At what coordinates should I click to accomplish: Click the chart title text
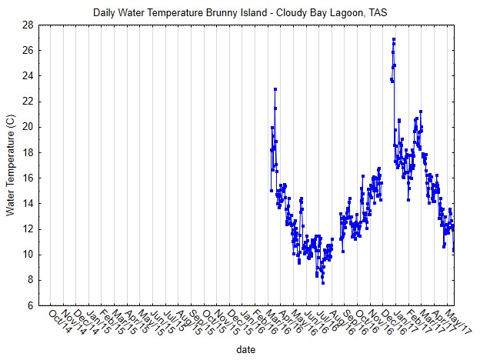239,12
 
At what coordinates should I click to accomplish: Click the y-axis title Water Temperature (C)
10,165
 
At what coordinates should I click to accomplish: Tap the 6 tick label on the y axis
28,305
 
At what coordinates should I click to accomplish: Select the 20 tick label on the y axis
26,127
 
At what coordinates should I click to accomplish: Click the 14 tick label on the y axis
26,203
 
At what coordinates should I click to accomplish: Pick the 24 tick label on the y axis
26,75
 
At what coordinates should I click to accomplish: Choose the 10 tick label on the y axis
26,255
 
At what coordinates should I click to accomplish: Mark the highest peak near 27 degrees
394,38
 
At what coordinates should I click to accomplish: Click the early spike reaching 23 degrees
275,89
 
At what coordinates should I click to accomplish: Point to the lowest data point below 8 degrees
323,283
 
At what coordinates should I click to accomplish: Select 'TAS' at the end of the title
377,12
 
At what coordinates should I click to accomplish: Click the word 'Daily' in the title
105,12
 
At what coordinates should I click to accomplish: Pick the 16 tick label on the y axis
26,178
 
